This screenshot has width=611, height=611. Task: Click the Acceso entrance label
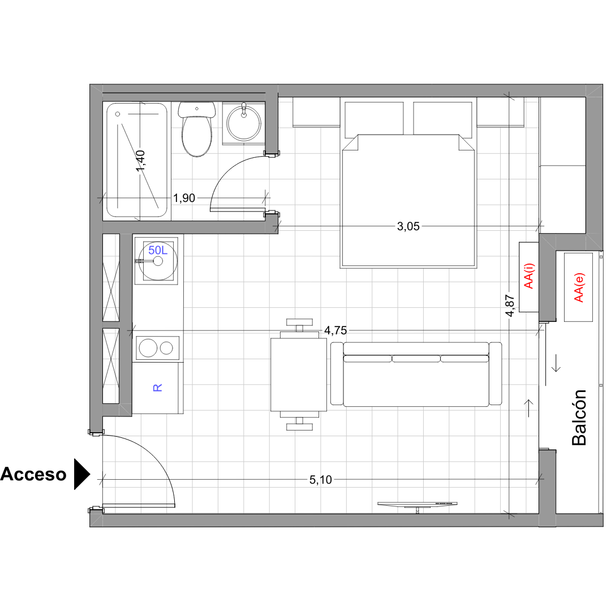pyautogui.click(x=33, y=474)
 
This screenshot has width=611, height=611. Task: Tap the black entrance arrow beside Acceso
pyautogui.click(x=82, y=474)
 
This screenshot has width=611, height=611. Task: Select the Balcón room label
pyautogui.click(x=579, y=418)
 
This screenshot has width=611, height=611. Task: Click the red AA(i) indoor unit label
pyautogui.click(x=529, y=276)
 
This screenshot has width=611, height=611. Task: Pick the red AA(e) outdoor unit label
pyautogui.click(x=579, y=287)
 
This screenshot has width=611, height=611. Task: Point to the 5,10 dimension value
pyautogui.click(x=320, y=480)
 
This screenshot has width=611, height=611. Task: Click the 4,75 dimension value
pyautogui.click(x=335, y=330)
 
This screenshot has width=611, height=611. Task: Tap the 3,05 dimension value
pyautogui.click(x=408, y=226)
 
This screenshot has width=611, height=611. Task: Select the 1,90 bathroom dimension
pyautogui.click(x=184, y=198)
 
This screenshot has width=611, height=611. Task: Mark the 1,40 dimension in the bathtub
pyautogui.click(x=140, y=161)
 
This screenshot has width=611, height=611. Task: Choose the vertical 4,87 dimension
pyautogui.click(x=510, y=305)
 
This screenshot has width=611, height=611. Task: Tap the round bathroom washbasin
pyautogui.click(x=244, y=123)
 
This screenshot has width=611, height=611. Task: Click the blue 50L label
pyautogui.click(x=158, y=250)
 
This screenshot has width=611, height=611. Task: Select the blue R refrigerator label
pyautogui.click(x=157, y=388)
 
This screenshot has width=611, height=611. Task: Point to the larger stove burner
pyautogui.click(x=148, y=348)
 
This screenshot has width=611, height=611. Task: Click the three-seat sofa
pyautogui.click(x=416, y=374)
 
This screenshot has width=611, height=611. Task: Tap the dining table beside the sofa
pyautogui.click(x=299, y=375)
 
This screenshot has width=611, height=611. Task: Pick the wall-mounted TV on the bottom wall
pyautogui.click(x=418, y=506)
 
